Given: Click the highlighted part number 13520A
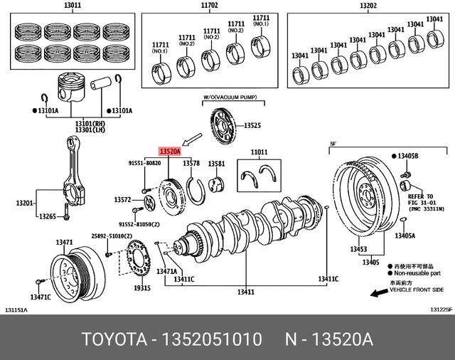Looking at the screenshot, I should coord(170,152).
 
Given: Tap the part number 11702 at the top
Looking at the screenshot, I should coord(208,6).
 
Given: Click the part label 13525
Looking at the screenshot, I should coord(252,126).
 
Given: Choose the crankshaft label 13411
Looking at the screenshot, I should coord(246,292).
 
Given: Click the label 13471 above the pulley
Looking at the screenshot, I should coord(65,243).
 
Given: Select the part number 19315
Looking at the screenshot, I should coord(142,288).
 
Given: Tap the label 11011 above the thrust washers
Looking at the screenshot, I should coord(259,152).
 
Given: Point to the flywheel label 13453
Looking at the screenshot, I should coord(358,250).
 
